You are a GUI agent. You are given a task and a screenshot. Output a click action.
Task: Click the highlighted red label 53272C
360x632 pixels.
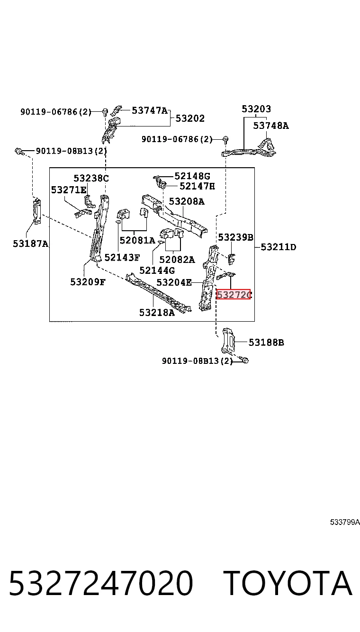[x=234, y=295]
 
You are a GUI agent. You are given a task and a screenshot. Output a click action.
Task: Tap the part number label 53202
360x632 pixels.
[x=190, y=118]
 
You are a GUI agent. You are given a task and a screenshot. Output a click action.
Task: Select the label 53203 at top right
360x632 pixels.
[x=256, y=108]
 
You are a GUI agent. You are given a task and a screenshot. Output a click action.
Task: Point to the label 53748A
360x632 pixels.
[x=271, y=126]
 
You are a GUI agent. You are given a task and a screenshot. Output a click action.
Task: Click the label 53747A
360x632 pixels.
[x=150, y=110]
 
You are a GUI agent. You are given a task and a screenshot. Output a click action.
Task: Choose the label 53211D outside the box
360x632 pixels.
[x=279, y=247]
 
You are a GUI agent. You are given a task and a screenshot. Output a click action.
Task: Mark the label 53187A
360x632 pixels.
[x=31, y=244]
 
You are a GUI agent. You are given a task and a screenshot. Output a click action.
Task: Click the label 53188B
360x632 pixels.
[x=266, y=342]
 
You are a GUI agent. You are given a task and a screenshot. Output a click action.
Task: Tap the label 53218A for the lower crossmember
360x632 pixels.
[x=157, y=312]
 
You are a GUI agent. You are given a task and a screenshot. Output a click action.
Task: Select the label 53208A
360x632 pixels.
[x=187, y=201]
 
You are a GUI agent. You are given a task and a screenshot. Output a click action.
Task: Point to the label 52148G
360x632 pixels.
[x=192, y=176]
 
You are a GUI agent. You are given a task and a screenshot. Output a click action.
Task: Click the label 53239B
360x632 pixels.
[x=235, y=237]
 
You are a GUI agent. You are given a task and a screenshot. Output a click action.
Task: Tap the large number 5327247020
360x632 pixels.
[x=101, y=583]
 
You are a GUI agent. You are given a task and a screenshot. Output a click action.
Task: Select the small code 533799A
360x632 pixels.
[x=345, y=522]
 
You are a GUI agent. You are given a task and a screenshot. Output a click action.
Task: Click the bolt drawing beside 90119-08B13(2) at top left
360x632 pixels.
[x=19, y=152]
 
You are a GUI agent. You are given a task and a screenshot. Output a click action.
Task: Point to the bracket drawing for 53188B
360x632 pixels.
[x=228, y=341]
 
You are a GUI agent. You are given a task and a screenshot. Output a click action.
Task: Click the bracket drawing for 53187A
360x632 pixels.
[x=37, y=212]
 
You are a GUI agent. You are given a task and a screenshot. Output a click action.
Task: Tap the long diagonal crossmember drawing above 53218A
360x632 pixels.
[x=159, y=292]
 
